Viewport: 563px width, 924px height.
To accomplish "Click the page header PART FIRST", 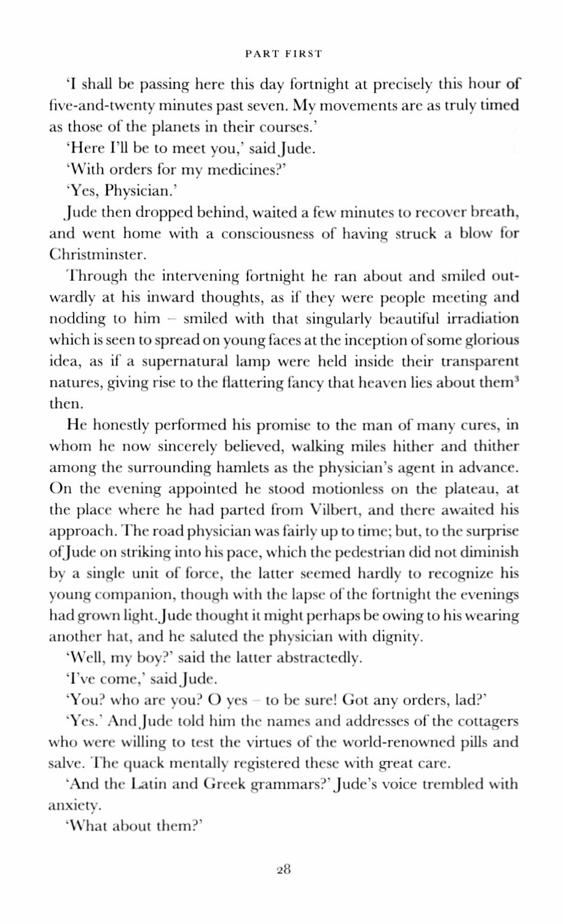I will [283, 54].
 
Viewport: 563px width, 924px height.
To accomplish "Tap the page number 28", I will [283, 869].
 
